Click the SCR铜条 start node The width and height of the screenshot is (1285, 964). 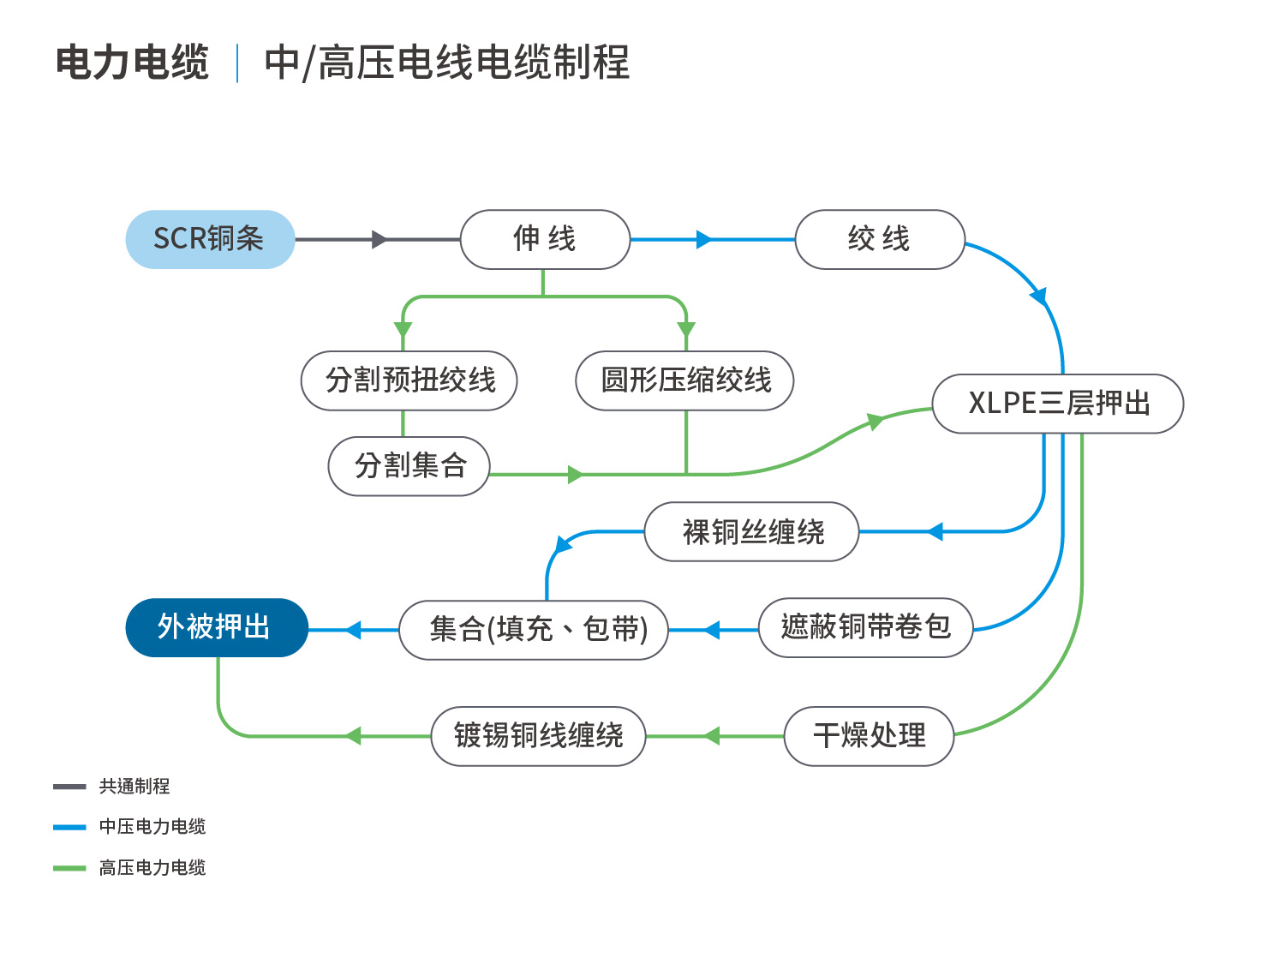210,239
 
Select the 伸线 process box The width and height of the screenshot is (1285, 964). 545,239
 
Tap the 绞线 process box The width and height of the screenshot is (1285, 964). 879,239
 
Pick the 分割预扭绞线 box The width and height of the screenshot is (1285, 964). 409,380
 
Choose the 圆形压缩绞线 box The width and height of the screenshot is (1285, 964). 685,380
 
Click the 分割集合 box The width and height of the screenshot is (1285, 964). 409,466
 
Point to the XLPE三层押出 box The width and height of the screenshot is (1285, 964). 1058,404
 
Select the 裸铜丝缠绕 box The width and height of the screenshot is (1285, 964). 751,532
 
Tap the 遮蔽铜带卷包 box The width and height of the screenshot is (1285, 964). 866,627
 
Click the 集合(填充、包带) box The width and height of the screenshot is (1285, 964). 534,631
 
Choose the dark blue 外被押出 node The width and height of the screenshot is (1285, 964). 217,627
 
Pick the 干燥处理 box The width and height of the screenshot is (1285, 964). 870,736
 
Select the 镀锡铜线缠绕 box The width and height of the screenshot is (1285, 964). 539,736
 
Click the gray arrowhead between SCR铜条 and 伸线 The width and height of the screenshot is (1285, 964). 380,239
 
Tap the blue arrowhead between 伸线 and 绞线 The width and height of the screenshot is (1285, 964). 703,239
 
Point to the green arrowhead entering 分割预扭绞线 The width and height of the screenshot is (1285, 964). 403,330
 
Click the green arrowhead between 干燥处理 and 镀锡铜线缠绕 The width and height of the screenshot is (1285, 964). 712,736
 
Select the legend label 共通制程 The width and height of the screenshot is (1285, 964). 134,786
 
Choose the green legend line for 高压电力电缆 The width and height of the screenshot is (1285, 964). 69,868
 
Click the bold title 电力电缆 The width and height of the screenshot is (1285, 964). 132,62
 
